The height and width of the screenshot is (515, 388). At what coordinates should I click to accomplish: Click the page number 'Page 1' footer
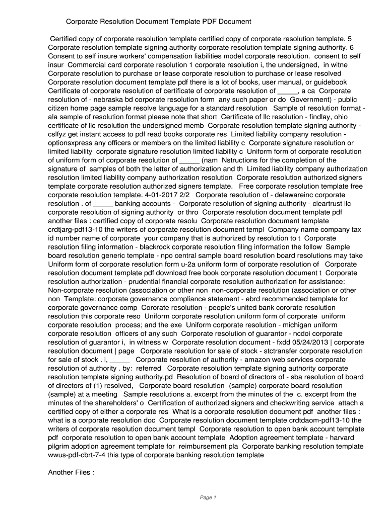[x=208, y=497]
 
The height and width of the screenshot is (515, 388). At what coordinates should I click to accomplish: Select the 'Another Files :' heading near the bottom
[x=71, y=472]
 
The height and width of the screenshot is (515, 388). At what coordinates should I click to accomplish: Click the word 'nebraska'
[x=98, y=99]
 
